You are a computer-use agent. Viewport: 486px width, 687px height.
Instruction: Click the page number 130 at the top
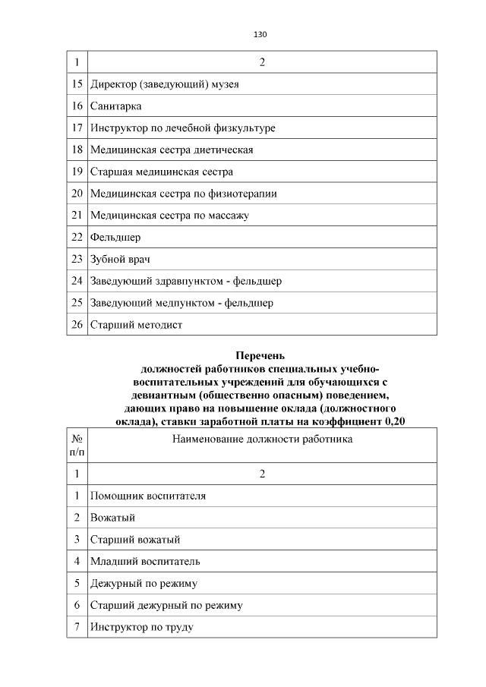(x=260, y=35)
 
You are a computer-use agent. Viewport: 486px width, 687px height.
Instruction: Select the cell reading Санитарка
(x=116, y=106)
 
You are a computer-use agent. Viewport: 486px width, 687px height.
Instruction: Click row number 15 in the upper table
(x=77, y=84)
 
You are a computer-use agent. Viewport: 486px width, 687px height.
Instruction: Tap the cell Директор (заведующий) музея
(x=165, y=84)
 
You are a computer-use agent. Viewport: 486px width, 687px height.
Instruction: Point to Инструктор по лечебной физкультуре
(x=182, y=128)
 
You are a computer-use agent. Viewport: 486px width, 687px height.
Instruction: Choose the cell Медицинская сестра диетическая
(x=172, y=150)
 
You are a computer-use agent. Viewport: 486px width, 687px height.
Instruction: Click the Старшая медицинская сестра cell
(x=162, y=172)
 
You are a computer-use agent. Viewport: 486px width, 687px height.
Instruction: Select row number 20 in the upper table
(x=77, y=194)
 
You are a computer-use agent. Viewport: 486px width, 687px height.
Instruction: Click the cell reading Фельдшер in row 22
(x=115, y=238)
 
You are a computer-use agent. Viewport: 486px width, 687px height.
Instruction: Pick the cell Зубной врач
(x=120, y=260)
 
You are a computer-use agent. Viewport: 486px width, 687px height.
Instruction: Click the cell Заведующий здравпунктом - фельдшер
(x=186, y=281)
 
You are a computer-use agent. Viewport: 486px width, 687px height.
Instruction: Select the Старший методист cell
(x=137, y=325)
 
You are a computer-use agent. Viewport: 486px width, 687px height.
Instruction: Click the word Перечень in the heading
(x=260, y=355)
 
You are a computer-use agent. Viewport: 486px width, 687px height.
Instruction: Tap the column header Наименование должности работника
(x=262, y=439)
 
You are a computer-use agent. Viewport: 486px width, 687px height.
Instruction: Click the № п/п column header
(x=77, y=445)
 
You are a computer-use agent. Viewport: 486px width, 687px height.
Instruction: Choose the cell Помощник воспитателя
(x=148, y=496)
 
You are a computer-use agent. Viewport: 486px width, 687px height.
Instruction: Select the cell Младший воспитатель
(x=145, y=562)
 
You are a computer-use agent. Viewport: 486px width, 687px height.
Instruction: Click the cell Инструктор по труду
(x=141, y=627)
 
